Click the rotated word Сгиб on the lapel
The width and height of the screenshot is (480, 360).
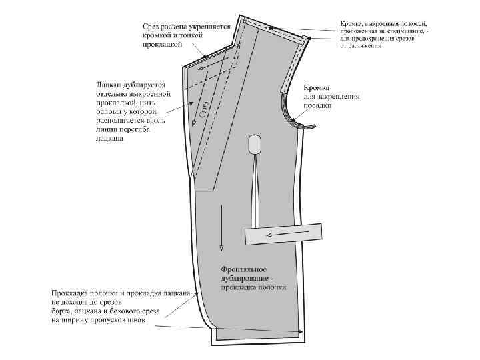pos(206,110)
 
